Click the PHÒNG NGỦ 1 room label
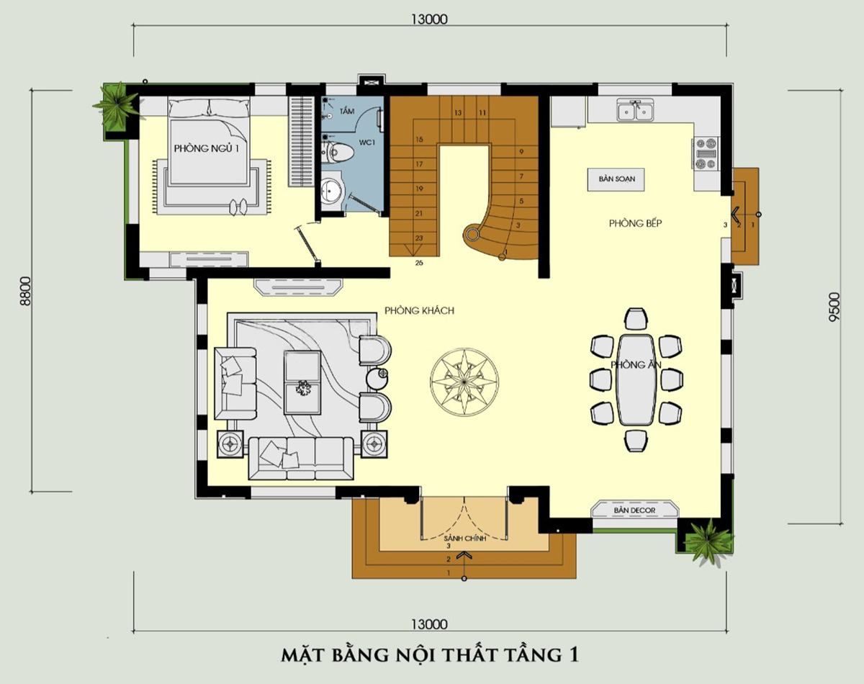pos(207,148)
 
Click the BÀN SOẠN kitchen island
pos(616,179)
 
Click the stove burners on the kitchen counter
pos(706,153)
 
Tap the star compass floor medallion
pos(464,382)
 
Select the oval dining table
pos(636,379)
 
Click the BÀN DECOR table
pos(635,510)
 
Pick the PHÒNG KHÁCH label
pos(419,310)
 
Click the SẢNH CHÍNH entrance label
pos(465,539)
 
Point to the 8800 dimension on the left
pos(25,291)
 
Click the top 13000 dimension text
pos(429,19)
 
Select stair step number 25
pos(419,263)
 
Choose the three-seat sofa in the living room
pos(301,458)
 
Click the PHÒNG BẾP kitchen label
pos(636,223)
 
